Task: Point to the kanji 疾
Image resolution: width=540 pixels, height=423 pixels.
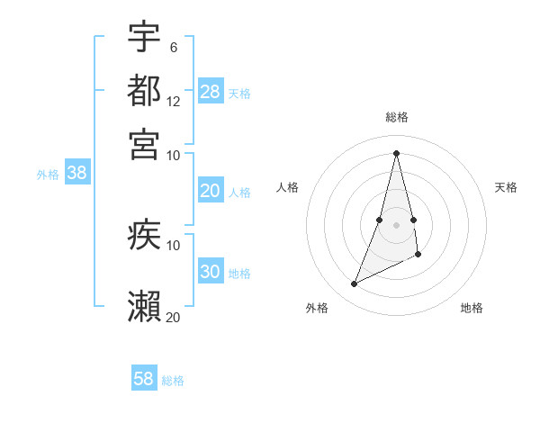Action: click(144, 236)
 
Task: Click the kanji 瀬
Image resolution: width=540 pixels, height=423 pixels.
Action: click(144, 307)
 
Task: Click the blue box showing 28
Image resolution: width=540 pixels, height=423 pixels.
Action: click(211, 92)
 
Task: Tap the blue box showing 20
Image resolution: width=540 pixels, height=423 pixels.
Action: click(211, 191)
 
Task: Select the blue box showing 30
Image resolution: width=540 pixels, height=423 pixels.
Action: click(211, 272)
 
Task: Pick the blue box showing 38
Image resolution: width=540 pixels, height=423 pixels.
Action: click(76, 174)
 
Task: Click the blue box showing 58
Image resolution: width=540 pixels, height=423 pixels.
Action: click(144, 379)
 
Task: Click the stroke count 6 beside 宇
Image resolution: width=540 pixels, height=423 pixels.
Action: click(173, 47)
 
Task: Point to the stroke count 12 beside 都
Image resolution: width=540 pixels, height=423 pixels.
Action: click(174, 101)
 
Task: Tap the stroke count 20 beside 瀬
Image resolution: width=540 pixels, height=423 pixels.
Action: click(174, 316)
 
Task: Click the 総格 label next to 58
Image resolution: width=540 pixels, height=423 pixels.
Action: click(173, 381)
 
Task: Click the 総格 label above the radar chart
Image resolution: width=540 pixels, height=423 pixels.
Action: click(396, 118)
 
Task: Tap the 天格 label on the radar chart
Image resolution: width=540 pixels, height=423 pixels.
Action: click(507, 187)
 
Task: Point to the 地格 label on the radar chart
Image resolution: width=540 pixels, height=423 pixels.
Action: click(472, 308)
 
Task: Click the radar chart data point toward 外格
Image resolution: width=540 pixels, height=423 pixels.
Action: click(354, 284)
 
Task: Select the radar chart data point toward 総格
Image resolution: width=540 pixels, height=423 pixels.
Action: click(396, 152)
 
